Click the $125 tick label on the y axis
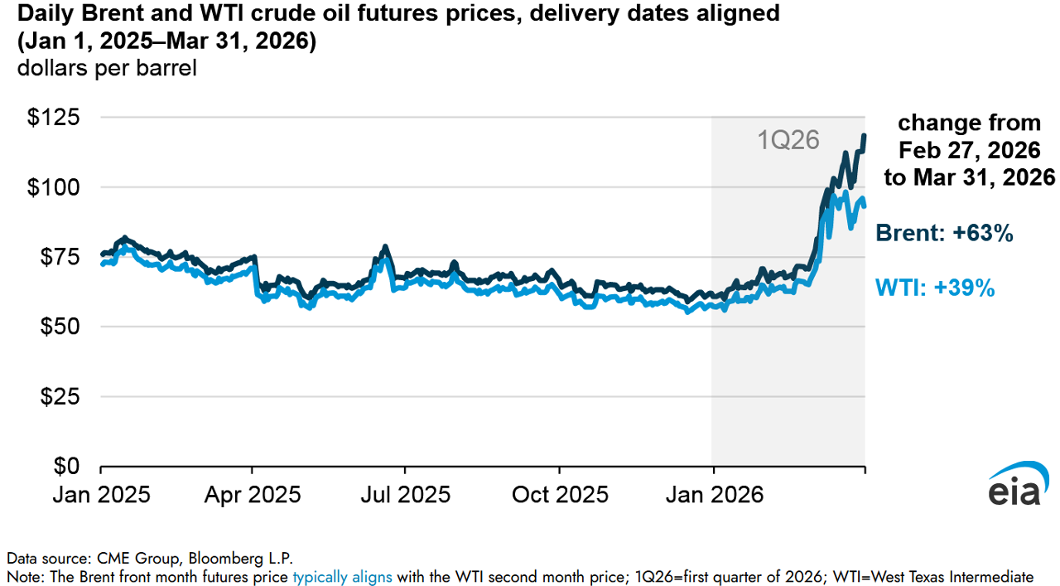click(54, 118)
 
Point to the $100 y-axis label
click(54, 187)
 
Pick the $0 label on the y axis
click(66, 466)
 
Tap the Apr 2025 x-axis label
click(253, 495)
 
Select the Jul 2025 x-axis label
click(405, 495)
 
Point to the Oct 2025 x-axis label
click(561, 495)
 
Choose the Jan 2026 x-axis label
click(714, 495)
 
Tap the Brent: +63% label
click(944, 234)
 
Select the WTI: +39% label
click(935, 288)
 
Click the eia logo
click(1014, 485)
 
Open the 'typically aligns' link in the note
click(342, 577)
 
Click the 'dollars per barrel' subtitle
click(107, 68)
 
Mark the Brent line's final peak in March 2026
click(865, 135)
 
